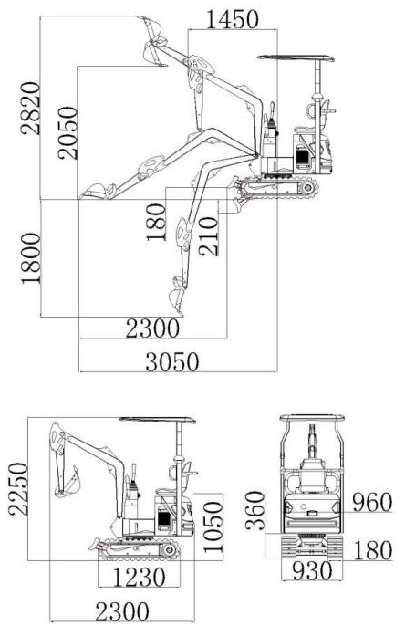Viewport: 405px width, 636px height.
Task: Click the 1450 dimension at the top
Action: click(233, 19)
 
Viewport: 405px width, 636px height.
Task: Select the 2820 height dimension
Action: click(31, 109)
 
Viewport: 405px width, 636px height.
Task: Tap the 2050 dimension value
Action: click(67, 133)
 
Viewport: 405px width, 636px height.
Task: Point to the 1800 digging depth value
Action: click(31, 258)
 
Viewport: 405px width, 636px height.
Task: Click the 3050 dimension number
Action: click(172, 362)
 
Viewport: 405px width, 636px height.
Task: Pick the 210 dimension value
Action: click(209, 237)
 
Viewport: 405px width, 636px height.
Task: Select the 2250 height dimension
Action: click(18, 489)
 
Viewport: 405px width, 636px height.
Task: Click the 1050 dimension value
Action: click(213, 527)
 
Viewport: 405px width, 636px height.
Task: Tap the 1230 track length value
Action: click(139, 578)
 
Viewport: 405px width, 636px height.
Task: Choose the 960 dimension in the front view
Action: click(372, 502)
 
